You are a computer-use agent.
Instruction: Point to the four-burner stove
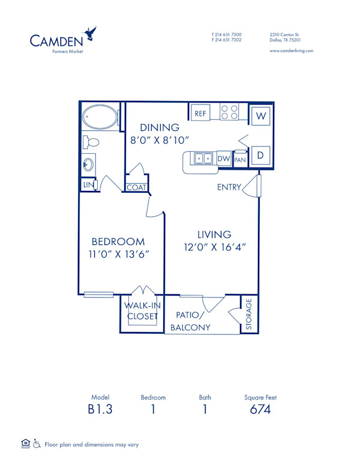point(229,112)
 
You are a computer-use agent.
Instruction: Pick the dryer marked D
point(261,156)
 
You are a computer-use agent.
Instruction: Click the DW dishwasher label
point(224,159)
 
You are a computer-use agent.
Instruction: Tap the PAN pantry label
point(240,159)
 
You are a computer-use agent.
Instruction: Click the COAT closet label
point(136,187)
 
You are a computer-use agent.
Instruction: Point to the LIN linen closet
point(88,185)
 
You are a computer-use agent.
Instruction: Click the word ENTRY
point(229,187)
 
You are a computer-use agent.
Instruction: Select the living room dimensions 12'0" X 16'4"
point(215,247)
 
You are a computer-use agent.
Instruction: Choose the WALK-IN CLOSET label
point(142,310)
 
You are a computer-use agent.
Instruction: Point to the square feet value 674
point(260,410)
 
